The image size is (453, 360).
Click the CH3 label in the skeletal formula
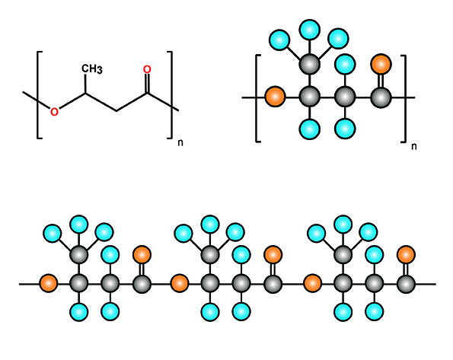92,69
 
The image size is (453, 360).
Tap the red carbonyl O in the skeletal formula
147,69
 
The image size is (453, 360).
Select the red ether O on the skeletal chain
54,112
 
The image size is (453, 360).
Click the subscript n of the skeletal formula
180,143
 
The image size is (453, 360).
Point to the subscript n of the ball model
414,146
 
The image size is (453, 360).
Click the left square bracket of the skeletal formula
38,95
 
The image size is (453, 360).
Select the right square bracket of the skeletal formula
171,95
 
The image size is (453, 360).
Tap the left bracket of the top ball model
257,98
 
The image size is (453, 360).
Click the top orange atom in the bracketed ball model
381,64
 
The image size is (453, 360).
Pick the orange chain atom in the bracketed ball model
275,97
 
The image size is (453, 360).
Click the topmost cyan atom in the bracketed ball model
309,30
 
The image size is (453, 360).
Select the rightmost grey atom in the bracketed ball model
381,97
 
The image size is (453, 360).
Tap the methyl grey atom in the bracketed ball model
309,64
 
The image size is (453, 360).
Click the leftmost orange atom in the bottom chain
49,283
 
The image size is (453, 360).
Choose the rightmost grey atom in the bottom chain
406,284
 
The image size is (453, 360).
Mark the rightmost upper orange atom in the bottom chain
406,255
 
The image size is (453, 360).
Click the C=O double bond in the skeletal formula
147,83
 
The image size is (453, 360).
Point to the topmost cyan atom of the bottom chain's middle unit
210,225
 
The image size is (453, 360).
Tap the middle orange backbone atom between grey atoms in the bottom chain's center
180,283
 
